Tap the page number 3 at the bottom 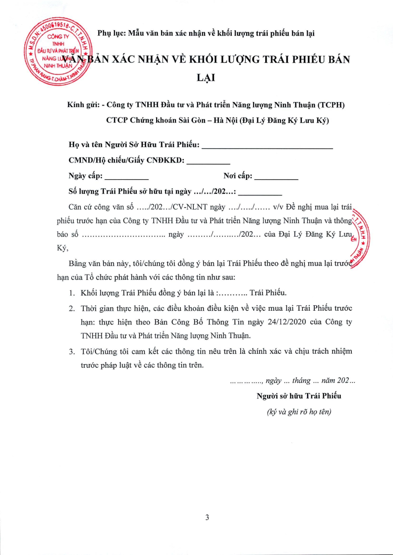[207, 518]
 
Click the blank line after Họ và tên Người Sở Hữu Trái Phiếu [267, 147]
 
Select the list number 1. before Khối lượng [72, 292]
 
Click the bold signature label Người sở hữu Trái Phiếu [299, 396]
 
